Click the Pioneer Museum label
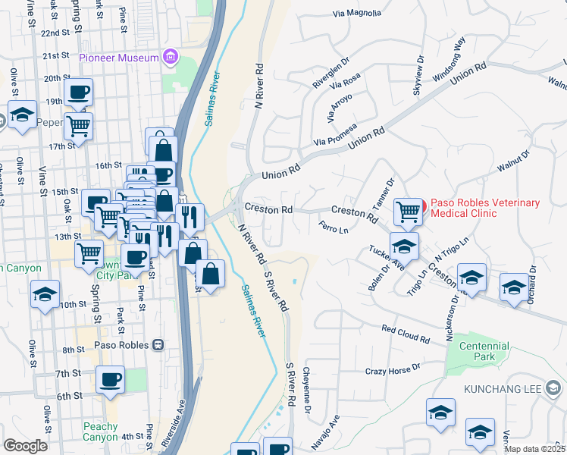[119, 58]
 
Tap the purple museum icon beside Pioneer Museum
[171, 58]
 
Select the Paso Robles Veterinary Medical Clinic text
[485, 208]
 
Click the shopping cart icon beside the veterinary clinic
[408, 211]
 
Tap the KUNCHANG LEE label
[501, 389]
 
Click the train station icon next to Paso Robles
[158, 344]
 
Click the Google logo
[25, 446]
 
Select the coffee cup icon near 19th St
[78, 93]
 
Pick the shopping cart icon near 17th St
[78, 126]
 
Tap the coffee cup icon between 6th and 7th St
[111, 380]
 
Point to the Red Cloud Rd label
[406, 331]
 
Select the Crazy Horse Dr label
[392, 369]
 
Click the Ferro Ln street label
[334, 228]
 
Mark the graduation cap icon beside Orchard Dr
[514, 287]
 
